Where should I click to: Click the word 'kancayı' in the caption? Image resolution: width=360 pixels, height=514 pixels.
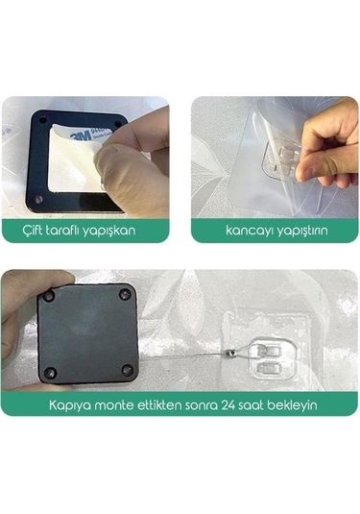236,232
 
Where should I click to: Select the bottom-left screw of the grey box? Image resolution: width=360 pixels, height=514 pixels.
52,372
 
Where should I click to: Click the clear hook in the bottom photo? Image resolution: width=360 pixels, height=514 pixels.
271,353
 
